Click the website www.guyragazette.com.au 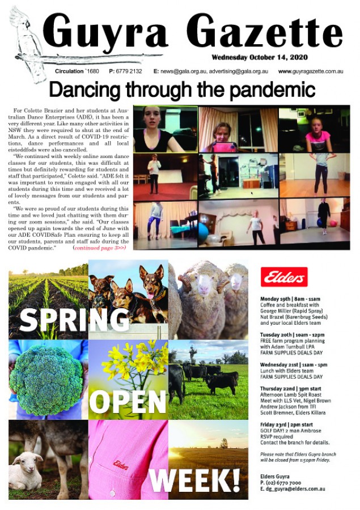tap(311, 71)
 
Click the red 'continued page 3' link tap(99, 247)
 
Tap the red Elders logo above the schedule tap(286, 277)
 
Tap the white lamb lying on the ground tap(26, 470)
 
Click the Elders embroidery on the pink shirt tap(121, 464)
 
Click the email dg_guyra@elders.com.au tap(295, 487)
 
